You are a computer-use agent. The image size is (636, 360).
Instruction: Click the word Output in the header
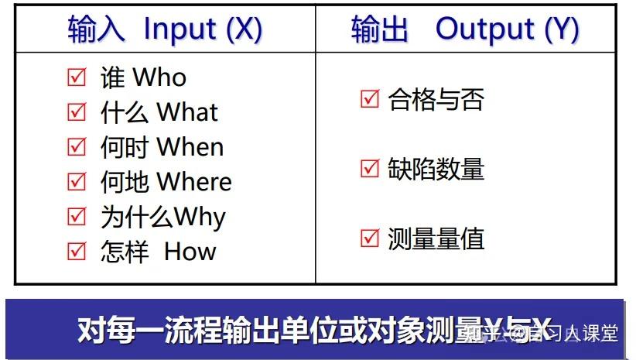pyautogui.click(x=485, y=29)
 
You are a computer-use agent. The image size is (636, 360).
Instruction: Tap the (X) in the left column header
pyautogui.click(x=244, y=29)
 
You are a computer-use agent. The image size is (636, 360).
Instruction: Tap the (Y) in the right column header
pyautogui.click(x=562, y=29)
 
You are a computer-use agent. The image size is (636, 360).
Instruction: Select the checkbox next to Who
pyautogui.click(x=77, y=77)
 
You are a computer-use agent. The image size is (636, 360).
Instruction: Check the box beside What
pyautogui.click(x=77, y=112)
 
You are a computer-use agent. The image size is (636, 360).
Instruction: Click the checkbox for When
pyautogui.click(x=77, y=147)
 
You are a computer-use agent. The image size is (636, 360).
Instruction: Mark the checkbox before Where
pyautogui.click(x=77, y=182)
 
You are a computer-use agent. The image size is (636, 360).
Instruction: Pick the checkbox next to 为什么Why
pyautogui.click(x=77, y=217)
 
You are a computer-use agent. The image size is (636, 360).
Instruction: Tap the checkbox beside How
pyautogui.click(x=77, y=252)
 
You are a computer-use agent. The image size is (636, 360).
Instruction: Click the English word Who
pyautogui.click(x=159, y=77)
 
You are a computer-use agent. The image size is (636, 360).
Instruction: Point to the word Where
pyautogui.click(x=194, y=182)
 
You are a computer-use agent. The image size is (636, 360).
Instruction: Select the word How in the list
pyautogui.click(x=190, y=252)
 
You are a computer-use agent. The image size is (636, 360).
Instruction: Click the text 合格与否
pyautogui.click(x=436, y=100)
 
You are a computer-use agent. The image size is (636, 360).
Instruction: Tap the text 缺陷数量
pyautogui.click(x=436, y=169)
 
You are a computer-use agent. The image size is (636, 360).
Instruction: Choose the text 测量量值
pyautogui.click(x=436, y=238)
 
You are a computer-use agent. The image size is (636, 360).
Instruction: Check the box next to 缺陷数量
pyautogui.click(x=370, y=169)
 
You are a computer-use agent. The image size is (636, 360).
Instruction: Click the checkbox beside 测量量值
pyautogui.click(x=370, y=238)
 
